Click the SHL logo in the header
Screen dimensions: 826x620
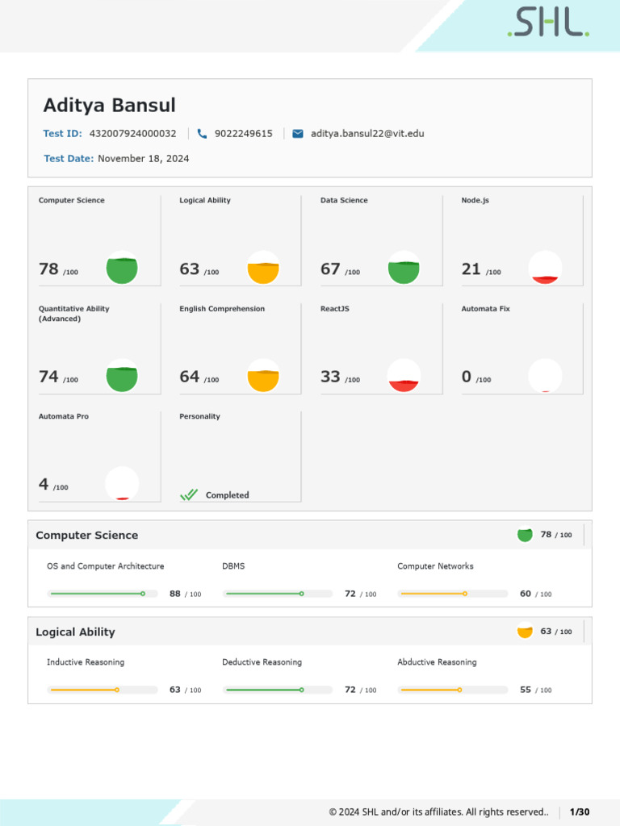548,23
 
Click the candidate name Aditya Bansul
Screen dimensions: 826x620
109,106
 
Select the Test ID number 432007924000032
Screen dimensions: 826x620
132,134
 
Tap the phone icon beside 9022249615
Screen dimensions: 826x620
202,134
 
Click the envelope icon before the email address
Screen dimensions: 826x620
298,134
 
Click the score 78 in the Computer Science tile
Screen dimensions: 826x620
48,269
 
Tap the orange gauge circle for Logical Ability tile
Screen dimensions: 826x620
262,268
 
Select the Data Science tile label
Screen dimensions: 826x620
344,200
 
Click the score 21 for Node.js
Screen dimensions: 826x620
471,269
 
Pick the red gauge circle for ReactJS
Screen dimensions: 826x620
404,376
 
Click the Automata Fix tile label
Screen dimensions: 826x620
485,309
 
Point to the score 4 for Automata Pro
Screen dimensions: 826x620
44,485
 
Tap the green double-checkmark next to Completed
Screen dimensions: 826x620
189,495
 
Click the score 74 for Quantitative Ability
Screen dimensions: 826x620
48,377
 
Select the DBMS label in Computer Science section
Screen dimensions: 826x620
233,566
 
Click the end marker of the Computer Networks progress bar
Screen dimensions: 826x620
465,594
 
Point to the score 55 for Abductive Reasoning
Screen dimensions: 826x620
526,690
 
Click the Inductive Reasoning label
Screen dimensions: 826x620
86,662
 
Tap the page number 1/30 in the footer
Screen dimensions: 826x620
580,811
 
